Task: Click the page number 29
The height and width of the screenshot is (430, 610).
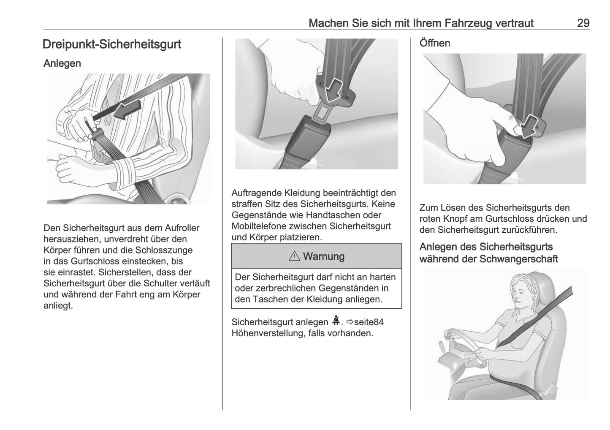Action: [x=583, y=23]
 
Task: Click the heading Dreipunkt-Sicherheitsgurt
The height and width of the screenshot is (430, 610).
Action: [x=112, y=44]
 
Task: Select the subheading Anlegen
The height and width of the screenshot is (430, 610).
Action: [x=62, y=63]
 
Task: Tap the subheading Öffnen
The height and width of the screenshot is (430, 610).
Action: [x=434, y=43]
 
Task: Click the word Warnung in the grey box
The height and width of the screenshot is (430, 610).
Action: [x=323, y=256]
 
